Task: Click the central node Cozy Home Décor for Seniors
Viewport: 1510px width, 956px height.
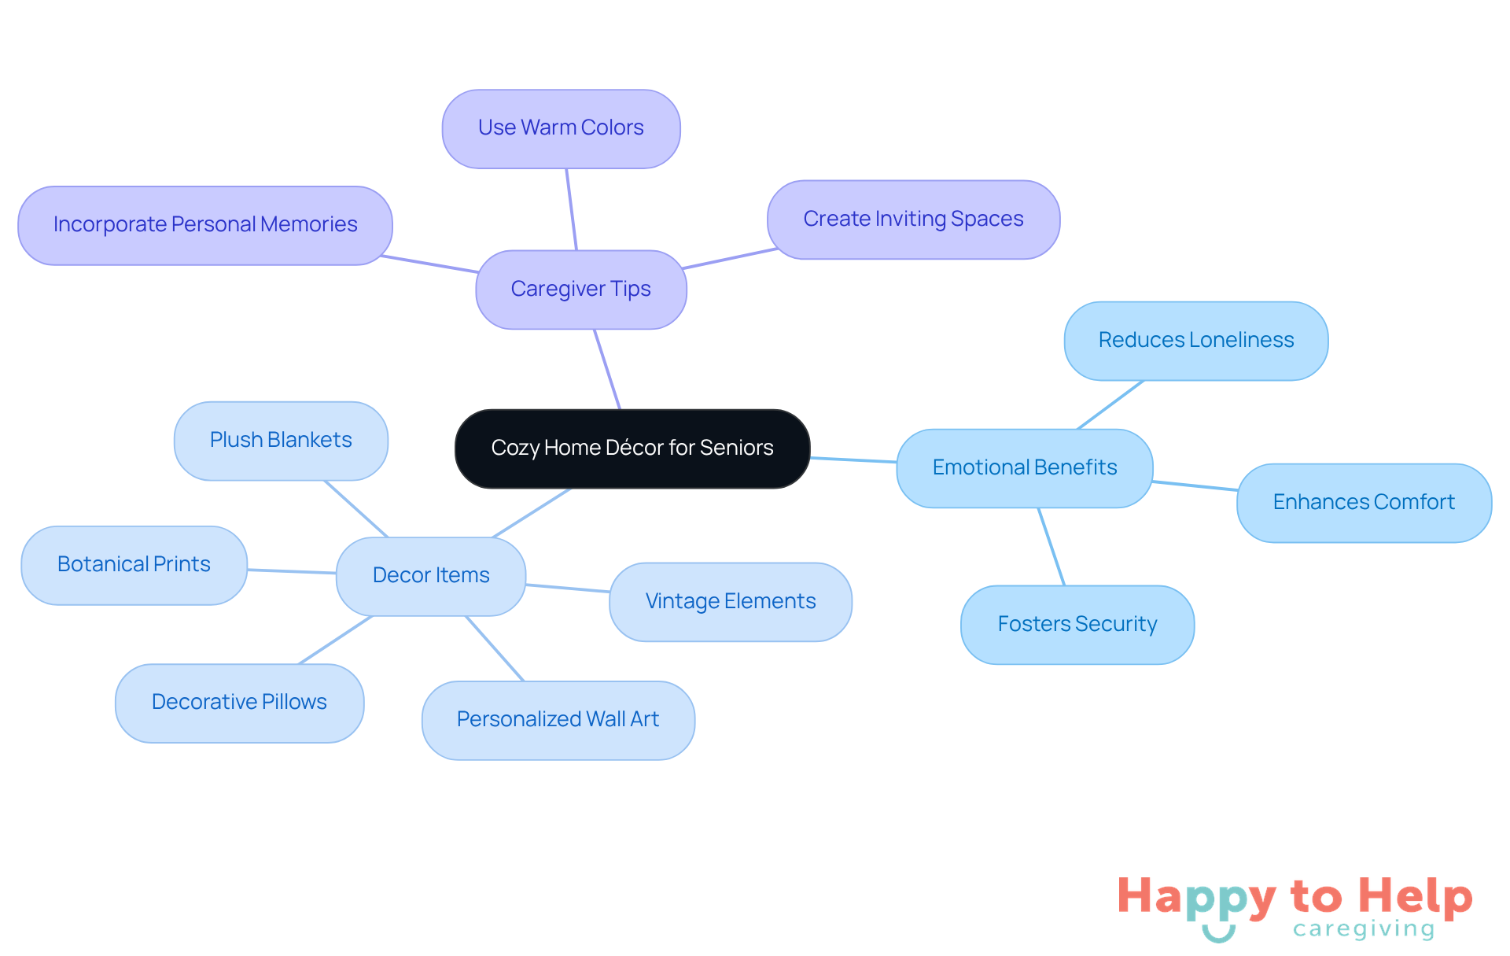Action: click(632, 448)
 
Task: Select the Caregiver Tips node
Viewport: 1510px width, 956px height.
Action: click(580, 290)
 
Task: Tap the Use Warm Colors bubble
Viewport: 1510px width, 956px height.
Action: click(561, 128)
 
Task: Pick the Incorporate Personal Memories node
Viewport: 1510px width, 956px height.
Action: click(204, 225)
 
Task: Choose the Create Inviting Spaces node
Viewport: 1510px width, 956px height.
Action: click(913, 220)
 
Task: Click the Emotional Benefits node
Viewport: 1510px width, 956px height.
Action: click(1024, 468)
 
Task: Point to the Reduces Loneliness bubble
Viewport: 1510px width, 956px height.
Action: click(1195, 341)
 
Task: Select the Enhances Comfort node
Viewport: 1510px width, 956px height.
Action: click(1364, 503)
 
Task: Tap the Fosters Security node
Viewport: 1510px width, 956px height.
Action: click(1077, 625)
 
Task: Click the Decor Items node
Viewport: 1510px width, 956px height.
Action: click(430, 576)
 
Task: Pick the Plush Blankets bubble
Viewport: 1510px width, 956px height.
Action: click(281, 441)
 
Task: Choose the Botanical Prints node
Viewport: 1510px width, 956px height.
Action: click(134, 565)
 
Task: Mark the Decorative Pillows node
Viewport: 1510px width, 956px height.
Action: click(239, 703)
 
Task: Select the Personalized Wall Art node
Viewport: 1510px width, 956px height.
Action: click(558, 720)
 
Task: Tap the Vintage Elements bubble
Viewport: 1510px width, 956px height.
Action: click(730, 602)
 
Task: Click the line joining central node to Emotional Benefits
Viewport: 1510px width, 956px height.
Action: click(853, 460)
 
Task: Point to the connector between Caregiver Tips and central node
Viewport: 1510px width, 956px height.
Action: click(607, 369)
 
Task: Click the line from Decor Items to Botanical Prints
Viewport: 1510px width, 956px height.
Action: click(292, 571)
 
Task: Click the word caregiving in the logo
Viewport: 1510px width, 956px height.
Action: click(1363, 929)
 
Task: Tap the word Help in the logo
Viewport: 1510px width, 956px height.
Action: click(1415, 896)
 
